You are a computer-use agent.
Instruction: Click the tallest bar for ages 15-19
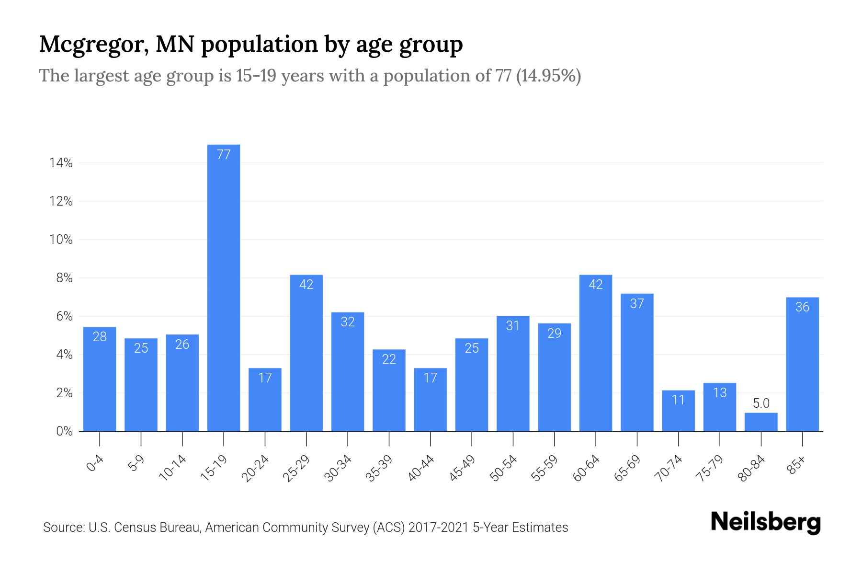pos(224,287)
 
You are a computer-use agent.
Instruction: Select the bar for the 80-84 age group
pos(761,422)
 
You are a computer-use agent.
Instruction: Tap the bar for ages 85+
pos(802,364)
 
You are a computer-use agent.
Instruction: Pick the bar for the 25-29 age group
pos(306,353)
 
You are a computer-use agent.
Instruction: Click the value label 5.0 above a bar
pos(761,403)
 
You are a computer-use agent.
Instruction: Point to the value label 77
pos(224,155)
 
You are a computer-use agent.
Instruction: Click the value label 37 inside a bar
pos(637,304)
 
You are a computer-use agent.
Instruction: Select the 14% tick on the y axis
pos(61,163)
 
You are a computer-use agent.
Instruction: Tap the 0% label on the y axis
pos(64,432)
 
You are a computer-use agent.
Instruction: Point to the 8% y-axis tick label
pos(64,278)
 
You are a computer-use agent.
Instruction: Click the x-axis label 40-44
pos(421,468)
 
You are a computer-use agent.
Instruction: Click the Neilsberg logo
pos(765,523)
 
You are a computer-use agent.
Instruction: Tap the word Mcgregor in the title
pos(93,45)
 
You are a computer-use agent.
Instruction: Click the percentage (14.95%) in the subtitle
pos(548,76)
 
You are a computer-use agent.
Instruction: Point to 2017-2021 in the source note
pos(439,528)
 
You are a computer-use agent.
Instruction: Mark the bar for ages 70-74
pos(678,411)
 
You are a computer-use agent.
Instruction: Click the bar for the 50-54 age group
pos(513,374)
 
